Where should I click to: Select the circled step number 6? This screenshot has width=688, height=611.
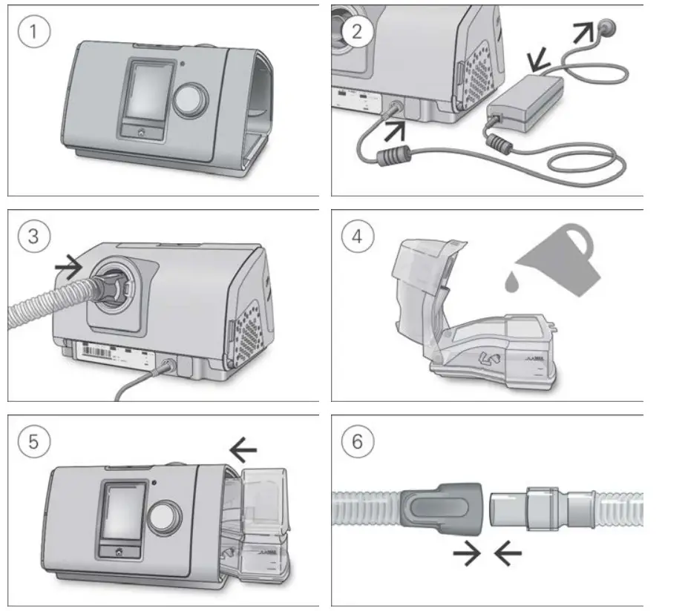click(358, 443)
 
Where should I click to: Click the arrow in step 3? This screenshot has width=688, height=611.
click(71, 267)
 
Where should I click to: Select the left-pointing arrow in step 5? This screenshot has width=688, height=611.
click(243, 448)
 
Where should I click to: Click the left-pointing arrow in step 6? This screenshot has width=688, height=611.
click(508, 554)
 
